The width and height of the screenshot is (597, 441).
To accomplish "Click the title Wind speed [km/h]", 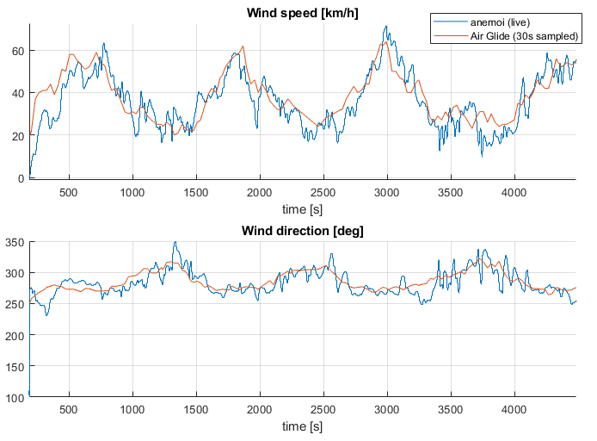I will point(302,13).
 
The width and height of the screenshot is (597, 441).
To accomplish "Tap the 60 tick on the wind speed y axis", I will point(19,51).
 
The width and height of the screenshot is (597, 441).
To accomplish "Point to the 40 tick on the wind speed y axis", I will point(19,93).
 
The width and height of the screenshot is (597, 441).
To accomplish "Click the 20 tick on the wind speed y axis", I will point(19,135).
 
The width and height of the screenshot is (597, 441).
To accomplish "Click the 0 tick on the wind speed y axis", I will point(22,178).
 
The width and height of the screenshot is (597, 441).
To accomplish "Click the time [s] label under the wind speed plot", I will point(302,208).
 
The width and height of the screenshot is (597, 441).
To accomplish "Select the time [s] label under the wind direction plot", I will point(302,425).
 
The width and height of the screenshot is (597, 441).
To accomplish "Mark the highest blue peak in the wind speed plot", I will point(386,26).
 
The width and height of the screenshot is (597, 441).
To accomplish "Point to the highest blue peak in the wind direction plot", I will point(175,242).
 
